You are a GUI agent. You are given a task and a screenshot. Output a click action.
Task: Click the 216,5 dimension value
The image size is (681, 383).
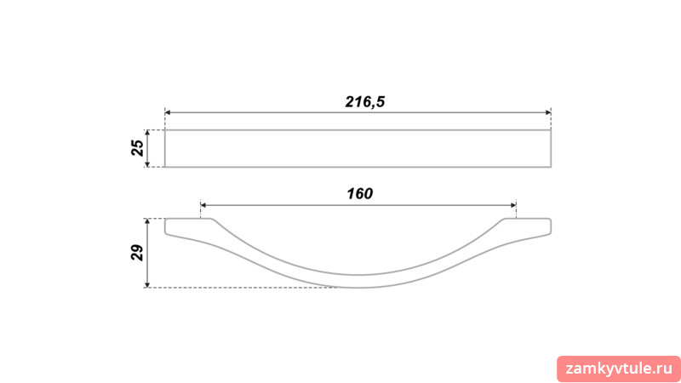[365, 102]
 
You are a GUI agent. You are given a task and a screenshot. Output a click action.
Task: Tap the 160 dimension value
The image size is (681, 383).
[359, 194]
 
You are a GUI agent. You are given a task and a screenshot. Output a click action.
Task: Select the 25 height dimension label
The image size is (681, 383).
[137, 148]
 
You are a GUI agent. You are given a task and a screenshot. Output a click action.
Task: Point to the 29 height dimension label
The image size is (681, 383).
[137, 252]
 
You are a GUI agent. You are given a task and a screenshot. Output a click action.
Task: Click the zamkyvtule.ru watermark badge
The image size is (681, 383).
[619, 369]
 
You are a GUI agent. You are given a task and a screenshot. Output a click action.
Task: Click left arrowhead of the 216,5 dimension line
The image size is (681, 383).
[168, 113]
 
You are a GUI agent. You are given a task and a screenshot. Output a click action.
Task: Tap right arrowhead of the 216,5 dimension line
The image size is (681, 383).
[548, 113]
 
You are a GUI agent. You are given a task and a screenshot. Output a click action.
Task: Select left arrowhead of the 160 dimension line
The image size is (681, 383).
[203, 205]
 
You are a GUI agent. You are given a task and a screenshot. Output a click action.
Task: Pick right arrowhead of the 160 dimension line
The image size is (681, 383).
[513, 205]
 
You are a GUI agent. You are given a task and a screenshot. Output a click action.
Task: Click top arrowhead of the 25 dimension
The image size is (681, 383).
[147, 133]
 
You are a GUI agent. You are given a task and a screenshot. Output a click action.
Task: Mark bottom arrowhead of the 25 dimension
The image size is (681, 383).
[147, 163]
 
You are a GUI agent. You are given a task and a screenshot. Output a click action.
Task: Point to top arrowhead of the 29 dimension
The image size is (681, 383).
[147, 221]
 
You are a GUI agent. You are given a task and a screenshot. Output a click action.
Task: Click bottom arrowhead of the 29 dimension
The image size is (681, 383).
[147, 284]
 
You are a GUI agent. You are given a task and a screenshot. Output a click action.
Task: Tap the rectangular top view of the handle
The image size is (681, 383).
[358, 148]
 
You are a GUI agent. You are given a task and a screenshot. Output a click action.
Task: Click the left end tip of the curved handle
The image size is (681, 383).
[165, 226]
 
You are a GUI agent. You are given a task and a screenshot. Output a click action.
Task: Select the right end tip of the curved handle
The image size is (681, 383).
[551, 226]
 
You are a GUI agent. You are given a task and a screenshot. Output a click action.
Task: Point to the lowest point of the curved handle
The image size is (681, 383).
[358, 288]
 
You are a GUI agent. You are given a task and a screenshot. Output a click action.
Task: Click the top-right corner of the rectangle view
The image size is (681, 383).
[551, 130]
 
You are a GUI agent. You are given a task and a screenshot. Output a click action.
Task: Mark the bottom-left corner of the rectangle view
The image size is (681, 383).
[165, 167]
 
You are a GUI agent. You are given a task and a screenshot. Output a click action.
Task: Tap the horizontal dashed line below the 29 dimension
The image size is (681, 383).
[240, 288]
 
